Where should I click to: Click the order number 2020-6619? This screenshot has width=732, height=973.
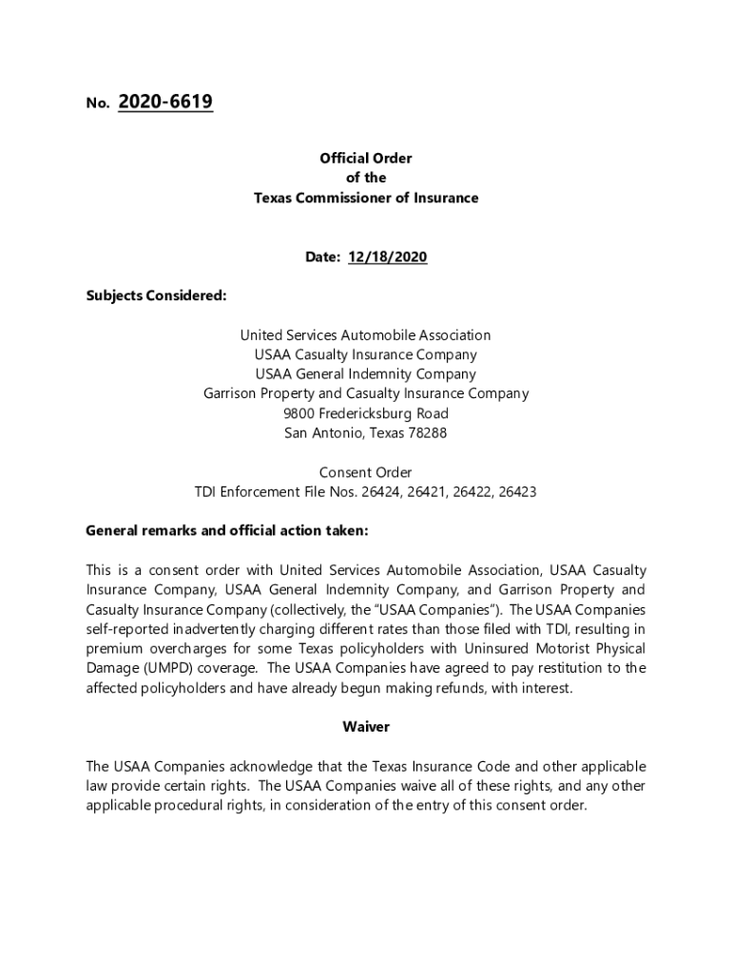(x=165, y=103)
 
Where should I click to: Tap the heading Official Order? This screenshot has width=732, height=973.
(x=366, y=159)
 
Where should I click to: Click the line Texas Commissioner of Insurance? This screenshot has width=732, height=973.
(x=366, y=198)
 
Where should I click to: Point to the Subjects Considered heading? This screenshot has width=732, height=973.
(x=156, y=296)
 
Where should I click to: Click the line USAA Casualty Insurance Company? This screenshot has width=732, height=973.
(x=366, y=354)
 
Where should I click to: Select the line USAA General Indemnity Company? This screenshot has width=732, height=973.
(x=366, y=374)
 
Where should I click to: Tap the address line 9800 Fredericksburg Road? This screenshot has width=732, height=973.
(x=366, y=413)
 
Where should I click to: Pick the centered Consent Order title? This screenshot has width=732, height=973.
(x=366, y=472)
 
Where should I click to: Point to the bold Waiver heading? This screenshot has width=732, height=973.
(x=366, y=727)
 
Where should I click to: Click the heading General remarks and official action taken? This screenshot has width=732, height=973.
(x=226, y=531)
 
